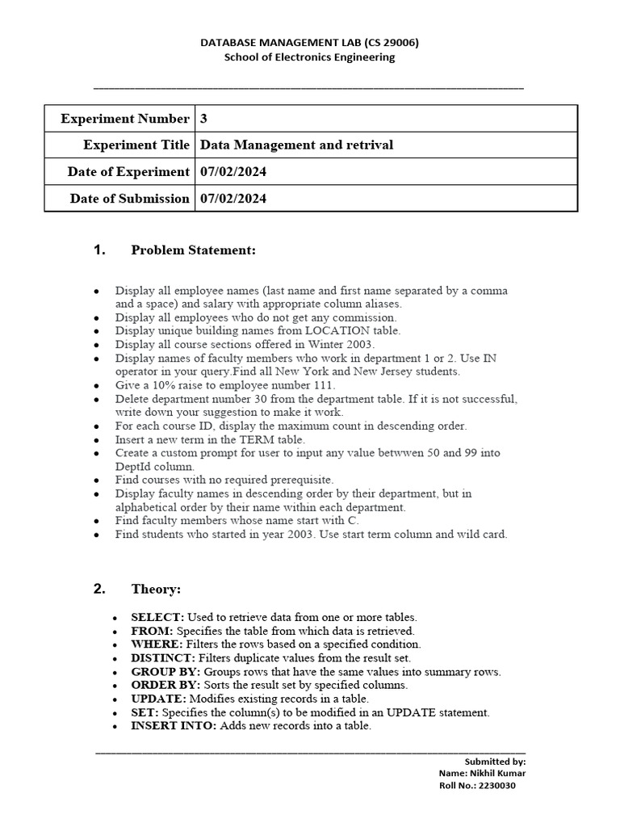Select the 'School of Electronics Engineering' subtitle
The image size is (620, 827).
[x=309, y=57]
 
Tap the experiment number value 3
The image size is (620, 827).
[x=204, y=119]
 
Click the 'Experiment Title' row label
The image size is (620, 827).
[x=136, y=145]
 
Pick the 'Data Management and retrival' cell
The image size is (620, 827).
[x=296, y=145]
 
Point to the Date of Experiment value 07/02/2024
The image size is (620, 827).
[x=233, y=172]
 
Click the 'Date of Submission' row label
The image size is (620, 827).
[x=130, y=199]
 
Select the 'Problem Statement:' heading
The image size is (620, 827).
[x=193, y=251]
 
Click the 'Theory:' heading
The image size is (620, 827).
[x=156, y=589]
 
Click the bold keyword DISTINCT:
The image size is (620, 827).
[x=158, y=658]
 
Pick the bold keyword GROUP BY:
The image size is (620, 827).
[x=165, y=672]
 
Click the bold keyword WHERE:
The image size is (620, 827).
[x=157, y=644]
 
